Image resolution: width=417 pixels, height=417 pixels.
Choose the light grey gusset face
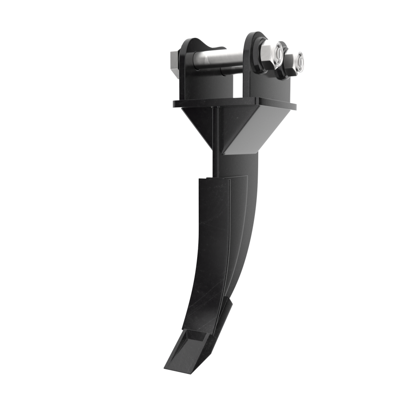coord(247,134)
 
